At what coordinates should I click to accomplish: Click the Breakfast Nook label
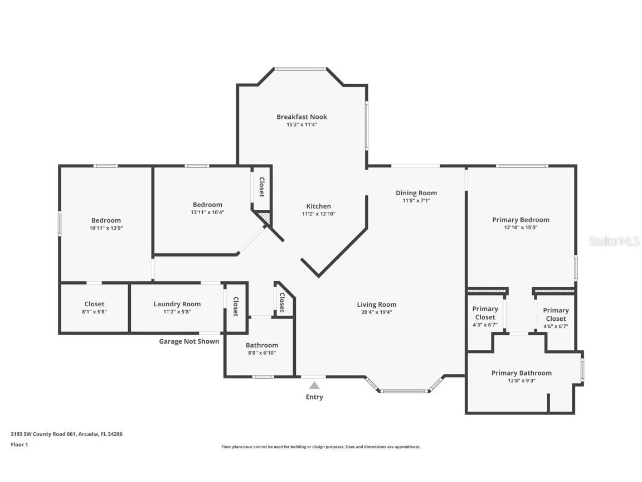301,117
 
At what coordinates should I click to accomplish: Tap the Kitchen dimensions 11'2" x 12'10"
319,214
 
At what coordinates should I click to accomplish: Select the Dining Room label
416,193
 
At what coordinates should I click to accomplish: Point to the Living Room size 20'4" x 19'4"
377,312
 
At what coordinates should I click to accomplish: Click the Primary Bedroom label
521,220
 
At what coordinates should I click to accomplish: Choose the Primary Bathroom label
521,373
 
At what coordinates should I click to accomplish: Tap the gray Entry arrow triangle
314,385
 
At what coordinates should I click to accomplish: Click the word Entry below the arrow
314,397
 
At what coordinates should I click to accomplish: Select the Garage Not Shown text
189,341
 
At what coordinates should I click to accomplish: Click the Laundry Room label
177,304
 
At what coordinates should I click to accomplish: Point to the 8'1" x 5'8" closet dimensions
95,312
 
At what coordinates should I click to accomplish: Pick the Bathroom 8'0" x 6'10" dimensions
262,353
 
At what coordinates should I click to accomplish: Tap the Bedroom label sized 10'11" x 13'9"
106,220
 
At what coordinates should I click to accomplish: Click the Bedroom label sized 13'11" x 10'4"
207,205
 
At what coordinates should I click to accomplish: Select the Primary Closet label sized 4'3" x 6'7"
485,313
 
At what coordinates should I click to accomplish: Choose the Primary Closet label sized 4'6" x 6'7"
556,315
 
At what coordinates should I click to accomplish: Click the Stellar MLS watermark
614,242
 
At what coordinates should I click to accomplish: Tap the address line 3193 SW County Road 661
66,434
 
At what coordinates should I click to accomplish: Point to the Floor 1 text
20,445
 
